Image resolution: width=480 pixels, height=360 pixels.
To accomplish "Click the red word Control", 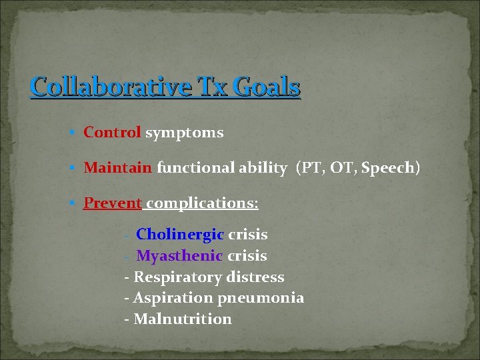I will click(x=112, y=133).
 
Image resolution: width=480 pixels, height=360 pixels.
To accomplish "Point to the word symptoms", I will click(x=185, y=133).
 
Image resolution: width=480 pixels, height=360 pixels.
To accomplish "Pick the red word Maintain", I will click(x=118, y=168).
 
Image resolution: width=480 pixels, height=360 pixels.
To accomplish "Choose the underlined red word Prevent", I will click(x=113, y=203).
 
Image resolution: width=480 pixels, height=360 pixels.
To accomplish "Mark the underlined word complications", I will click(x=202, y=203).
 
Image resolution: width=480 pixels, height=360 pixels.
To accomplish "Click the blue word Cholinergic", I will click(x=180, y=235).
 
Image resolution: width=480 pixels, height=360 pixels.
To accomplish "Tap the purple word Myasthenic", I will click(x=179, y=256).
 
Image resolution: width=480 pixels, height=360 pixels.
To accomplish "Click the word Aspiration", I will click(x=173, y=298).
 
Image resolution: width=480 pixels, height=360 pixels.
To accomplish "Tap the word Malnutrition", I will click(x=183, y=319).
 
